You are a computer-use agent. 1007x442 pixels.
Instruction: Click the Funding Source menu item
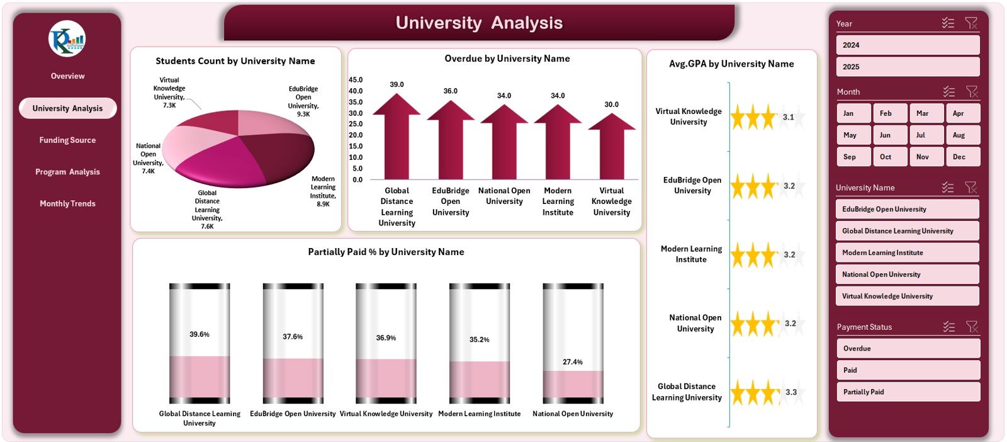click(x=67, y=140)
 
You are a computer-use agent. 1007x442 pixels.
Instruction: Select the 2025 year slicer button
click(x=907, y=67)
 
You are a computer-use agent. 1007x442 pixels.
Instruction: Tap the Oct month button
click(x=889, y=157)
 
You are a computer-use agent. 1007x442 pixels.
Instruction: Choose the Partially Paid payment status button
click(x=907, y=392)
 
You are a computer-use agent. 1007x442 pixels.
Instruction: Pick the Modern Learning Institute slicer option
click(x=907, y=252)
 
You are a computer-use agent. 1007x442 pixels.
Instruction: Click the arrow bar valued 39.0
click(x=397, y=139)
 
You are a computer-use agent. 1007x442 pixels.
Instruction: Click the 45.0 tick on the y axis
click(x=356, y=80)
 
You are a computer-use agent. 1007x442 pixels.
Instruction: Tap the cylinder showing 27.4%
click(x=573, y=343)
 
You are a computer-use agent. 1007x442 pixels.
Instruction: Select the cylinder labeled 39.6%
click(x=200, y=343)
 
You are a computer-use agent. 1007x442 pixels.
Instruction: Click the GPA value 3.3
click(x=791, y=392)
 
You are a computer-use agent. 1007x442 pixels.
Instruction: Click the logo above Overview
click(x=67, y=39)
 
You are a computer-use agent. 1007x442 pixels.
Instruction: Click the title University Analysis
click(x=479, y=23)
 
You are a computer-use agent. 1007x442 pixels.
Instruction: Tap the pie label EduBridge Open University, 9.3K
click(x=303, y=101)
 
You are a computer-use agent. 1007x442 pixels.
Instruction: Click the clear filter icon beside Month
click(x=972, y=92)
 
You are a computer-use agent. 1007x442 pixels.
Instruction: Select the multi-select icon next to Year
click(x=948, y=23)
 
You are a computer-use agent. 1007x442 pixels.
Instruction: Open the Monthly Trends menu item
click(x=67, y=203)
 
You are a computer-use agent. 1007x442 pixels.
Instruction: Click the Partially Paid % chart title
click(x=386, y=252)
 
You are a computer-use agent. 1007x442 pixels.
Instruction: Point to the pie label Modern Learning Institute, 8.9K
click(x=323, y=191)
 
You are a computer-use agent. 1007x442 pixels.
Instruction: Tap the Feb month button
click(x=889, y=113)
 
